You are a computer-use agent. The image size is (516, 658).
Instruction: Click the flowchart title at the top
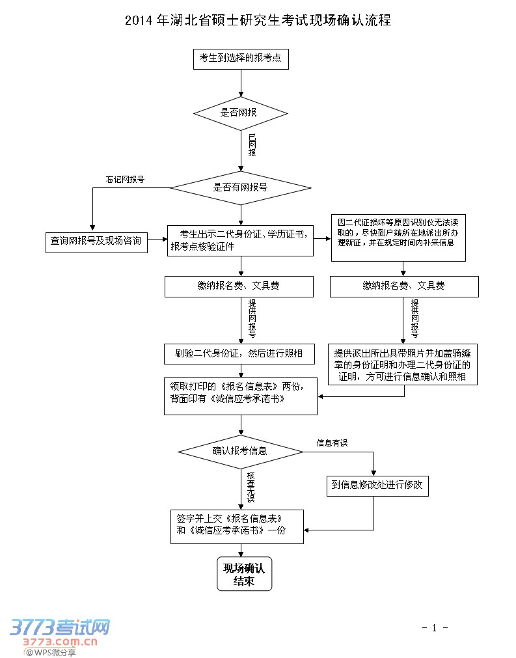coord(258,20)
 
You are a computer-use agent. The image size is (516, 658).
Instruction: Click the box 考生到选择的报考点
coord(241,59)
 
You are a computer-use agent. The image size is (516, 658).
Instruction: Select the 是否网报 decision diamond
coord(241,113)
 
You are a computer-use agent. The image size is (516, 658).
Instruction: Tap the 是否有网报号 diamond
coord(241,187)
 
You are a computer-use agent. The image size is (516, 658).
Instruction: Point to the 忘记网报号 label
coord(125,179)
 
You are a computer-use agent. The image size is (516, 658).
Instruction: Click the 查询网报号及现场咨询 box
coord(96,241)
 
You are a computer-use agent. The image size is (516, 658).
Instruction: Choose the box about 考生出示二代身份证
coord(240,240)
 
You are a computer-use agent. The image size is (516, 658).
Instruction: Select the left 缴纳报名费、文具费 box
coord(239,286)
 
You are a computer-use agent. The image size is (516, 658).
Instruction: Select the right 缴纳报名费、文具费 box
coord(404,286)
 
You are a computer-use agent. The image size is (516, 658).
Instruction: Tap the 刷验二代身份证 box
coord(239,353)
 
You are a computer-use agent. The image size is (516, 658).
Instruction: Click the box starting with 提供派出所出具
coord(403,364)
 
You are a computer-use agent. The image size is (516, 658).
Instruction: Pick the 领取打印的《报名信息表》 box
coord(240,395)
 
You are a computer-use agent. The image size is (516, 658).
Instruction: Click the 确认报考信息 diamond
coord(240,450)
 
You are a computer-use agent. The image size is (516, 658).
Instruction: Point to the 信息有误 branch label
coord(332,443)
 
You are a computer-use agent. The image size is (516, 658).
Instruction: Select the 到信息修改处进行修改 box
coord(377,485)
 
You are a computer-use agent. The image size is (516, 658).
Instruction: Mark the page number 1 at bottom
coord(434,628)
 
